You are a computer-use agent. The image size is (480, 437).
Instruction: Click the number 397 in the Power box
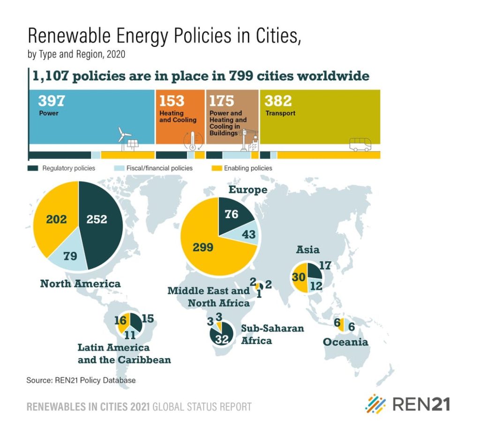pyautogui.click(x=51, y=101)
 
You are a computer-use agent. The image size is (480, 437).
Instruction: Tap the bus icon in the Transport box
pyautogui.click(x=360, y=144)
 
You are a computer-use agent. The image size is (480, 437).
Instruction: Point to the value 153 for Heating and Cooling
pyautogui.click(x=172, y=101)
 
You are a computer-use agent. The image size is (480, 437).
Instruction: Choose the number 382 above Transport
pyautogui.click(x=278, y=101)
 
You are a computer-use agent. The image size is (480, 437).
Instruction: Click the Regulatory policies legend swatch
pyautogui.click(x=33, y=168)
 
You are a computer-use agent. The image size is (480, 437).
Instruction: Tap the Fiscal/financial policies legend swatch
pyautogui.click(x=119, y=168)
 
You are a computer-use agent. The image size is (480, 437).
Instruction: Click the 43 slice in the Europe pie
pyautogui.click(x=247, y=234)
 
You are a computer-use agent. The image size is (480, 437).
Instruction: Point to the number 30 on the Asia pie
pyautogui.click(x=299, y=277)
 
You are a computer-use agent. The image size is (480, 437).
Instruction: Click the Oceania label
pyautogui.click(x=345, y=342)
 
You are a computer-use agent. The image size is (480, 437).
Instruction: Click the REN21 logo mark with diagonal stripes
pyautogui.click(x=375, y=404)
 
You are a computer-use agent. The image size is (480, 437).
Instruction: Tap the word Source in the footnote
pyautogui.click(x=38, y=380)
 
